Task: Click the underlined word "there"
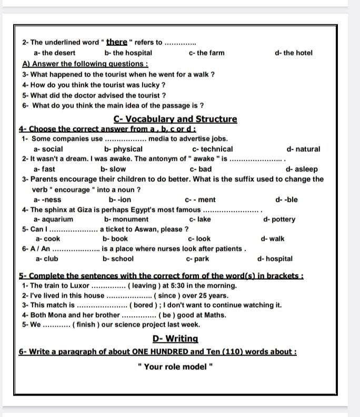[117, 42]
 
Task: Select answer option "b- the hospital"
[128, 53]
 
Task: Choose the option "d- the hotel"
[294, 53]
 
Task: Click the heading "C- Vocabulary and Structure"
[175, 119]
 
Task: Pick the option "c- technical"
[213, 149]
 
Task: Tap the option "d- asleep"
[302, 169]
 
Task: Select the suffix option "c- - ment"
[201, 200]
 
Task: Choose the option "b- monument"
[126, 219]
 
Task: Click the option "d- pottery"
[279, 219]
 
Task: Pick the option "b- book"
[115, 239]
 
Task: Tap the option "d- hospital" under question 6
[275, 259]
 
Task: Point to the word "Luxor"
[79, 285]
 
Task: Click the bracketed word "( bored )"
[145, 305]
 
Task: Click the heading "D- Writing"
[175, 339]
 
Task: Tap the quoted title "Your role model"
[175, 366]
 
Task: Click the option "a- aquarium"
[53, 219]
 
